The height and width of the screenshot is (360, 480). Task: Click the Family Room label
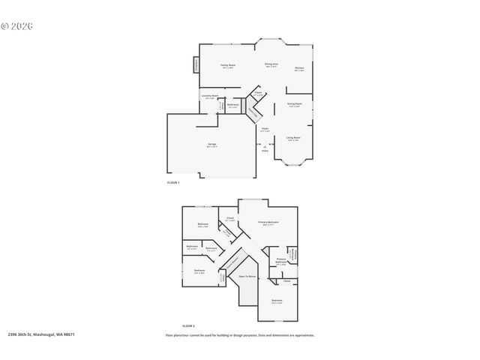pos(228,66)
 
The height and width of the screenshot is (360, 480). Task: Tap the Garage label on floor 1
pos(212,145)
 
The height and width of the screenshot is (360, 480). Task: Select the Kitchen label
pos(298,68)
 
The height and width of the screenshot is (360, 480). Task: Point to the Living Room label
pos(294,138)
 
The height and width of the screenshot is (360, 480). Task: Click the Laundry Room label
pos(210,96)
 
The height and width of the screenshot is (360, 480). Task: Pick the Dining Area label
pos(271,65)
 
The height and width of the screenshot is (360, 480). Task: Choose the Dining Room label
pos(295,105)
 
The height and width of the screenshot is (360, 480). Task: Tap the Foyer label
pos(265,129)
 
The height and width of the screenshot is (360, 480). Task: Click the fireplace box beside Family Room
pos(197,66)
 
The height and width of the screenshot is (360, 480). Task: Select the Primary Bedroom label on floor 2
pos(268,223)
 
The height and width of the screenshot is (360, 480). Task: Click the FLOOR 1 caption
pos(173,183)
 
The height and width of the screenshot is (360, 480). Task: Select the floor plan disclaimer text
pos(240,335)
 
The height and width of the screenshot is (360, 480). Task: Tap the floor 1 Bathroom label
pos(233,105)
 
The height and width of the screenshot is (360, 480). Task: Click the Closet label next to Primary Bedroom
pos(230,219)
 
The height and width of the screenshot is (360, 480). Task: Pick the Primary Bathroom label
pos(280,261)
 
